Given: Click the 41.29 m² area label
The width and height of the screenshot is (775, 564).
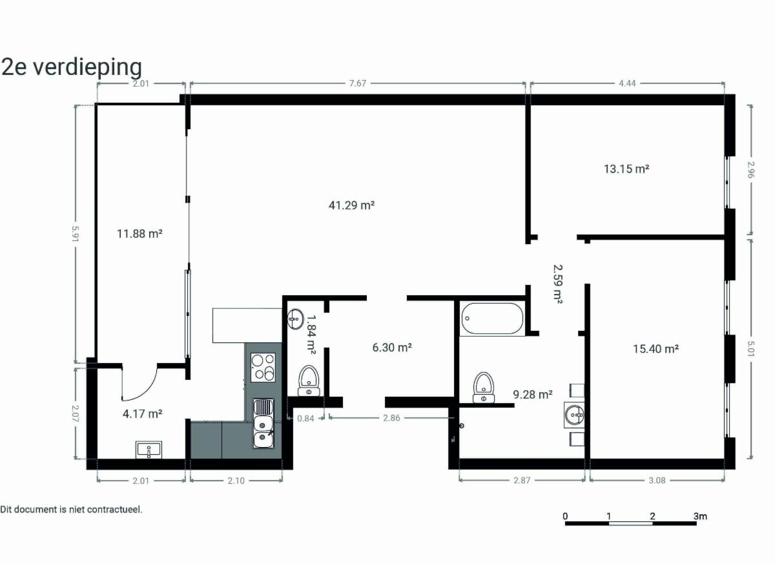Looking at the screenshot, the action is [x=351, y=205].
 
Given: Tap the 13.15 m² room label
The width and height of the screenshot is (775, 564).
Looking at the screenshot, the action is [x=626, y=169].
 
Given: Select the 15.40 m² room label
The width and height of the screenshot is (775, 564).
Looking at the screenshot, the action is [x=656, y=348].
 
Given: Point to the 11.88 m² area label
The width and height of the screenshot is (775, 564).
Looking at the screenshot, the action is [x=139, y=234].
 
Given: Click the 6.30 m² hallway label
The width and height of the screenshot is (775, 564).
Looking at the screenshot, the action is [x=392, y=347].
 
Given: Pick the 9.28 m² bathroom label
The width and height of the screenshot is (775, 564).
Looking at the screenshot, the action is [x=532, y=394].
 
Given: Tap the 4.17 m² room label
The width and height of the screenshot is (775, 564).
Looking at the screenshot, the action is [x=143, y=413].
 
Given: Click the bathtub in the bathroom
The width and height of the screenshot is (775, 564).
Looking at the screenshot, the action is [x=491, y=319].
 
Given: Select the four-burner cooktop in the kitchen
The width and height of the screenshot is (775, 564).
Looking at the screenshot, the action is [x=263, y=367].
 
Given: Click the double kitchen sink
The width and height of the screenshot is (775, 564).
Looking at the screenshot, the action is [x=263, y=424].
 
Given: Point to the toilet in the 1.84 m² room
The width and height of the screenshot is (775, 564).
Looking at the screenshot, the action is [x=309, y=381].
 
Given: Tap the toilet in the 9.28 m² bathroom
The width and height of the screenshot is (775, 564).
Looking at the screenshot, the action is [x=484, y=388].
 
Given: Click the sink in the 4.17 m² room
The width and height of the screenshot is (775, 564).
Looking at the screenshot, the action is [x=149, y=450].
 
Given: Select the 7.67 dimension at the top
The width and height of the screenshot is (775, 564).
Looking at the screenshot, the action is [x=357, y=83].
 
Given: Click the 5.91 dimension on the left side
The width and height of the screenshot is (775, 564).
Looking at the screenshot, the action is [x=76, y=233].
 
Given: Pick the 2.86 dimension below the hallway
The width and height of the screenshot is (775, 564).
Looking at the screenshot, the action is [x=391, y=417].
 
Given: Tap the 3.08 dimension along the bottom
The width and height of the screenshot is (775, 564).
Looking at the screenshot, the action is [x=657, y=480].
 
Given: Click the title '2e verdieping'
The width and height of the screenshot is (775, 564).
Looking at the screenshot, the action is [x=72, y=67].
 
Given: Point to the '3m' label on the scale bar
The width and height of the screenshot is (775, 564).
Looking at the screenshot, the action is [x=700, y=516].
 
